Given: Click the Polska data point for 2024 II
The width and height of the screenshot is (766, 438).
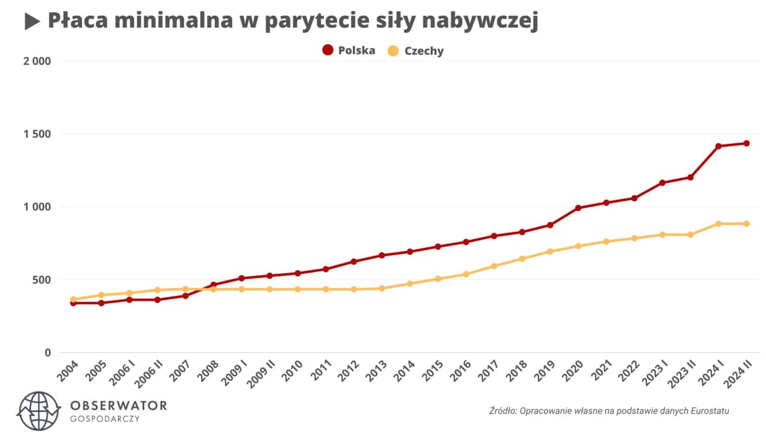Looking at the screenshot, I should tap(746, 143).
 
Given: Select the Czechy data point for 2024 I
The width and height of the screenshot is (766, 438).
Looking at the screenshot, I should tap(718, 223).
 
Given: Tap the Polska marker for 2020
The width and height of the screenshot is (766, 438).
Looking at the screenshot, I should tap(578, 208).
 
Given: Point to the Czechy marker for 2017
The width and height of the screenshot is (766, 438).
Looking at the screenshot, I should tap(494, 266).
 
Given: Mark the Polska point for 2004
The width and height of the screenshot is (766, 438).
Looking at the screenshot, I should tap(73, 303).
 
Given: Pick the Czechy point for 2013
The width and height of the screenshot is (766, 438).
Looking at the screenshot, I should tap(382, 288).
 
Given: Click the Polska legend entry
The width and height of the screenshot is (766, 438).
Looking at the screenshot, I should tap(349, 50).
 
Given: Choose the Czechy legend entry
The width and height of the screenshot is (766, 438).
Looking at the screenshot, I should tap(416, 51).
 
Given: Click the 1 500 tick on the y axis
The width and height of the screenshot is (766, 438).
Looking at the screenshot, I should tap(37, 134).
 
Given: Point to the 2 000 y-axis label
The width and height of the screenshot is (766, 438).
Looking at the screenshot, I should tap(37, 61).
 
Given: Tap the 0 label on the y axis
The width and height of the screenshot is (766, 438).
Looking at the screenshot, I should tap(47, 352).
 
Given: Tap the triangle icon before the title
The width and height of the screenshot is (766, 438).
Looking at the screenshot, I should tap(32, 22).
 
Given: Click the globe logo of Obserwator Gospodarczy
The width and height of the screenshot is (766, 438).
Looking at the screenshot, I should tap(39, 412).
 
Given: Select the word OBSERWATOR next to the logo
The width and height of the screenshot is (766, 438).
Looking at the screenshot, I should tap(118, 405).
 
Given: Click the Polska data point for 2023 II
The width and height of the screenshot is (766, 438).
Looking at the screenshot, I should tap(690, 177).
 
